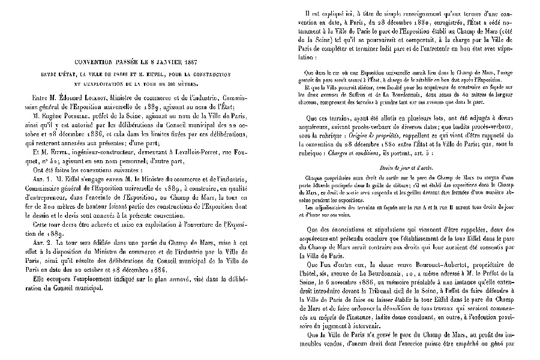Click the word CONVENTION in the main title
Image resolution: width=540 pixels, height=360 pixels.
[95, 62]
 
